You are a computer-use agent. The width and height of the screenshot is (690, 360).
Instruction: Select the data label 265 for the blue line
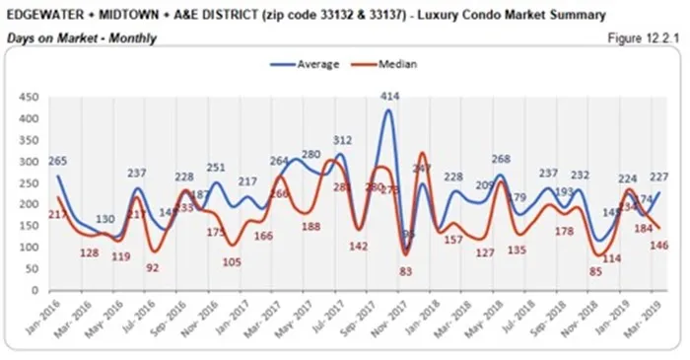[58, 162]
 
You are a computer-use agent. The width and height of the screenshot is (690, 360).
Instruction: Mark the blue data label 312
[342, 141]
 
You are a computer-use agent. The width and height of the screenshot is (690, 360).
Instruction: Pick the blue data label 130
[104, 219]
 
